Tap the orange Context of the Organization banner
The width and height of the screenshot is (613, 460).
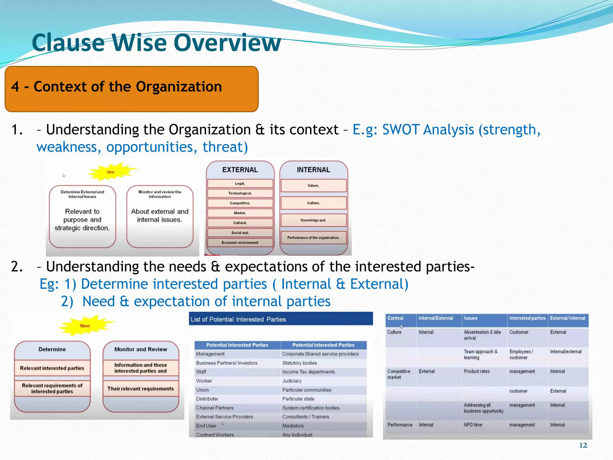pyautogui.click(x=131, y=89)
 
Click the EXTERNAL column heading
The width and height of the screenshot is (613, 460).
pyautogui.click(x=240, y=170)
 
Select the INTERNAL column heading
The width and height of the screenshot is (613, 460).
pyautogui.click(x=313, y=170)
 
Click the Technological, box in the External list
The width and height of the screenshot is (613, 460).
pyautogui.click(x=240, y=193)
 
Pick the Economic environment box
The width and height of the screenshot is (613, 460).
pyautogui.click(x=240, y=243)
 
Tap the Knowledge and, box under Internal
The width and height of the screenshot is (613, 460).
pyautogui.click(x=313, y=220)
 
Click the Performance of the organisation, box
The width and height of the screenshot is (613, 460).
pyautogui.click(x=313, y=237)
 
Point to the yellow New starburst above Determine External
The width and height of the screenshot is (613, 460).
pyautogui.click(x=111, y=172)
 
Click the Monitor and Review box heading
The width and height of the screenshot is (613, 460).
pyautogui.click(x=141, y=349)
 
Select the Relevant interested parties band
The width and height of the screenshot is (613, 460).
pyautogui.click(x=52, y=368)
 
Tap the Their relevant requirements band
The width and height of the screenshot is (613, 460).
pyautogui.click(x=141, y=388)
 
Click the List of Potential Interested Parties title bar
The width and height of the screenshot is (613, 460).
pyautogui.click(x=280, y=319)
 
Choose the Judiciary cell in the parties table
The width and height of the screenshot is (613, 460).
pyautogui.click(x=292, y=381)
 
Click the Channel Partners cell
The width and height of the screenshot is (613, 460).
pyautogui.click(x=215, y=408)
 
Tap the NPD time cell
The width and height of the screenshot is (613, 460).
pyautogui.click(x=473, y=425)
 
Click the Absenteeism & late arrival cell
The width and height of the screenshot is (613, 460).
pyautogui.click(x=482, y=335)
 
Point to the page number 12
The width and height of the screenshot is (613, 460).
pyautogui.click(x=583, y=445)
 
